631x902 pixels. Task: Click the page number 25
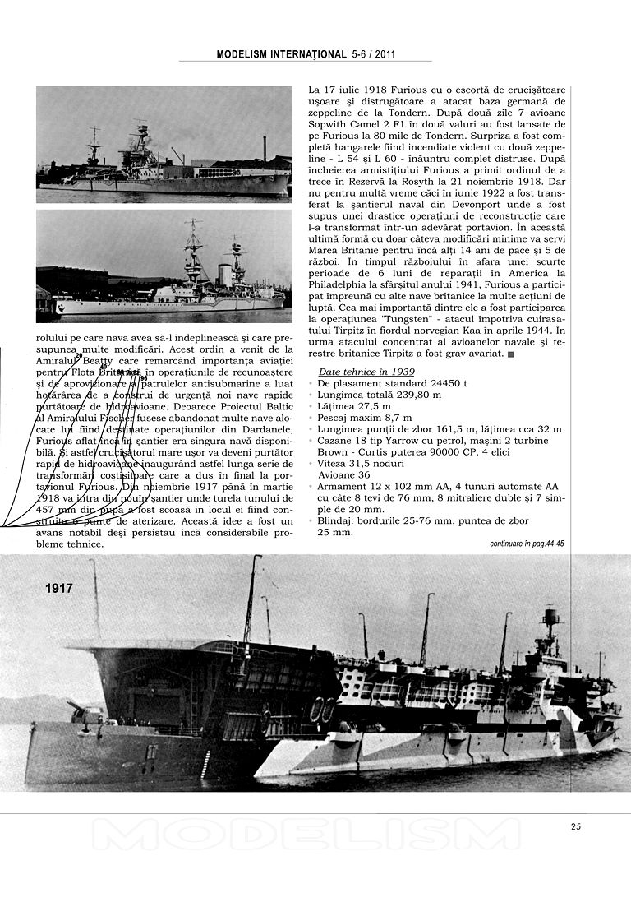click(575, 826)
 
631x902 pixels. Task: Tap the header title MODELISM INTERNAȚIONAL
click(281, 54)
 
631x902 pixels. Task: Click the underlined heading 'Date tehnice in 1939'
click(366, 372)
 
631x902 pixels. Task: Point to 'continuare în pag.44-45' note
click(527, 544)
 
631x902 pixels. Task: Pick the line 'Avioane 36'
click(344, 475)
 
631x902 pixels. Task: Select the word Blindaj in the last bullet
click(337, 521)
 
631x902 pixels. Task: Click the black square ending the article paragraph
click(512, 354)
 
